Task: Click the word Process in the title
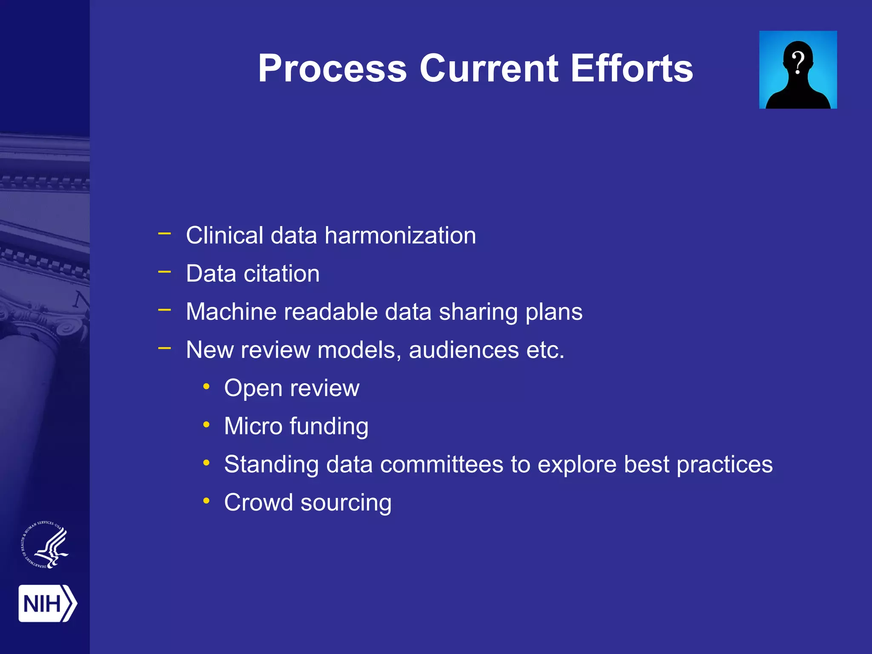pyautogui.click(x=333, y=69)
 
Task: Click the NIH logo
pyautogui.click(x=47, y=603)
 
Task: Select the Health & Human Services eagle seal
pyautogui.click(x=45, y=545)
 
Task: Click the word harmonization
pyautogui.click(x=400, y=235)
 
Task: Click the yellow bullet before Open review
pyautogui.click(x=207, y=387)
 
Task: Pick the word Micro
pyautogui.click(x=253, y=426)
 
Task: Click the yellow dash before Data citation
pyautogui.click(x=164, y=271)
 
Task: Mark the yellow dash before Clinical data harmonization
pyautogui.click(x=164, y=233)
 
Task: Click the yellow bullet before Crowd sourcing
pyautogui.click(x=207, y=501)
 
